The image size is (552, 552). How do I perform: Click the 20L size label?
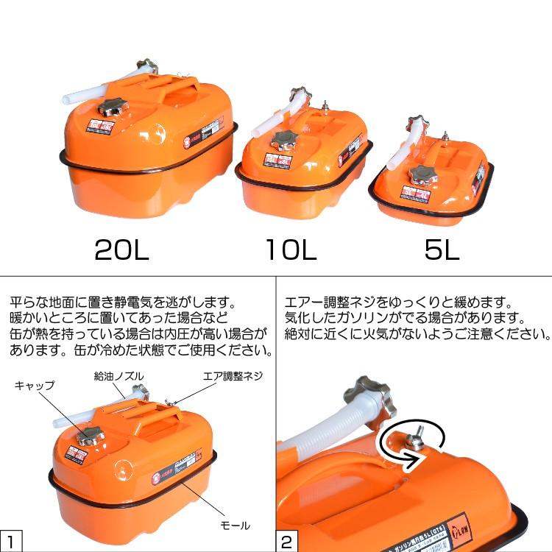(122, 250)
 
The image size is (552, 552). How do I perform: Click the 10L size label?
(291, 250)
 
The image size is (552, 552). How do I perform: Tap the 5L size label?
(442, 250)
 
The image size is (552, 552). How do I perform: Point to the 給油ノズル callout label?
(118, 376)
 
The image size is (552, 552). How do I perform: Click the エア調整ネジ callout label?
(233, 376)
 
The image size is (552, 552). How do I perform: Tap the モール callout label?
(236, 526)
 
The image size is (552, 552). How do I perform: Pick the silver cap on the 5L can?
(423, 175)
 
